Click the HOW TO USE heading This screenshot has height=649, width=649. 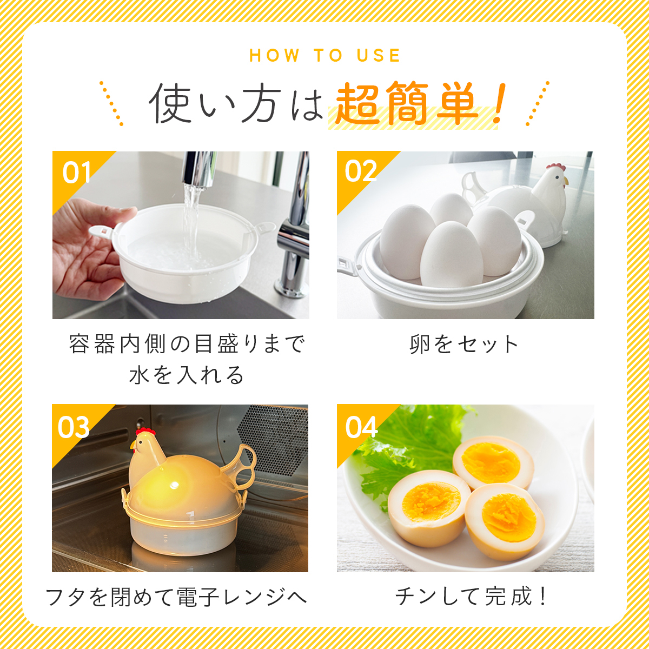[x=325, y=56]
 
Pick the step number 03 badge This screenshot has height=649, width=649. [x=74, y=427]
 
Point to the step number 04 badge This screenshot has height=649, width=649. [x=361, y=427]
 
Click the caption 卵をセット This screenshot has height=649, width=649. [x=465, y=345]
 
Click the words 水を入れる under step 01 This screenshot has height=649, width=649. [x=186, y=375]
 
